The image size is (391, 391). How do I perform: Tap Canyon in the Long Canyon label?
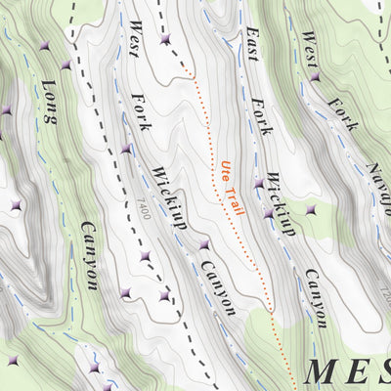[84, 255]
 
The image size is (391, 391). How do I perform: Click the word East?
[250, 44]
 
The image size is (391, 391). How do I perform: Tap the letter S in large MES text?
[382, 371]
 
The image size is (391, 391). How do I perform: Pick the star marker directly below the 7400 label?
[144, 255]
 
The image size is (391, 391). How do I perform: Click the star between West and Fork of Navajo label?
[314, 76]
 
